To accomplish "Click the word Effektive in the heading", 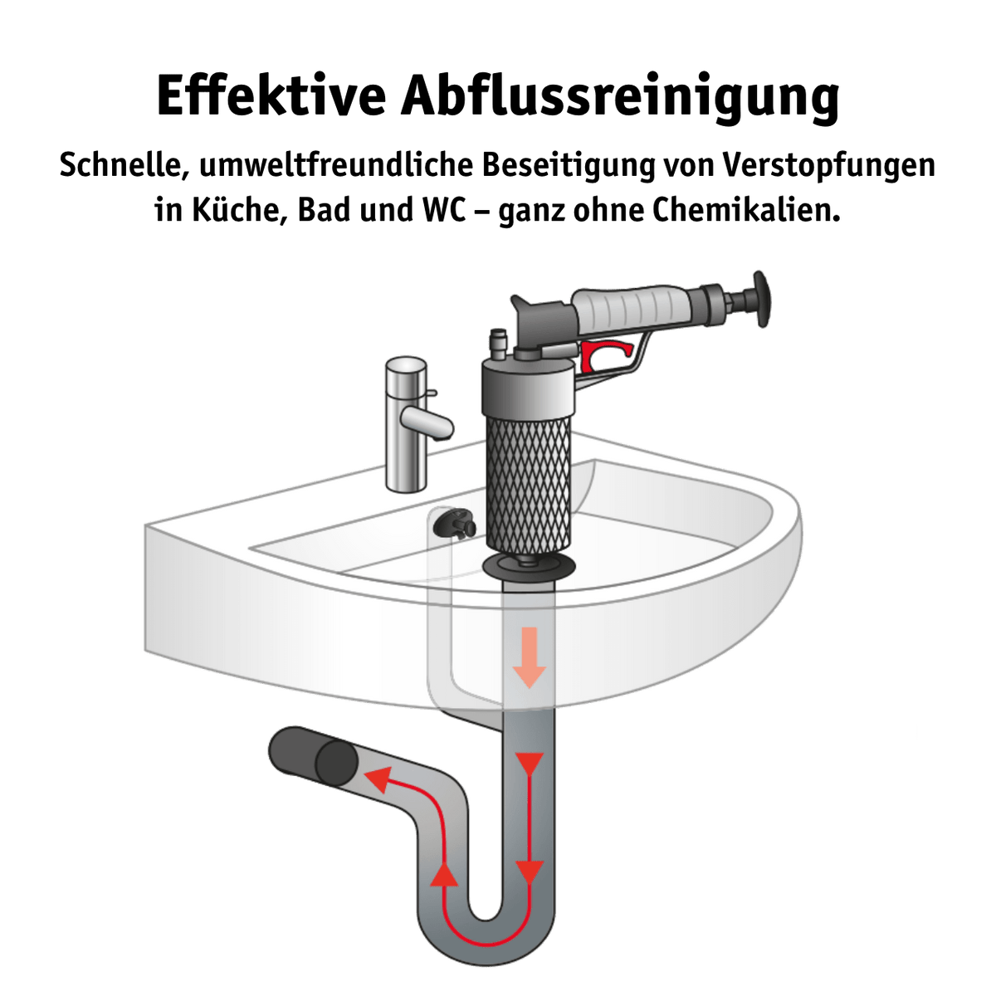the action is [271, 97].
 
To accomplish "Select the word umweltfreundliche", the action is [335, 165].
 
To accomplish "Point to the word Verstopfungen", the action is [829, 167].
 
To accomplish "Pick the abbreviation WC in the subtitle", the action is [443, 210].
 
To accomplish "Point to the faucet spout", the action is [427, 422].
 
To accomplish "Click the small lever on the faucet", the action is [432, 393].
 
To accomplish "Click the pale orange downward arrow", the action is [530, 657].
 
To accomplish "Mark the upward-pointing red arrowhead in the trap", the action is [444, 874].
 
